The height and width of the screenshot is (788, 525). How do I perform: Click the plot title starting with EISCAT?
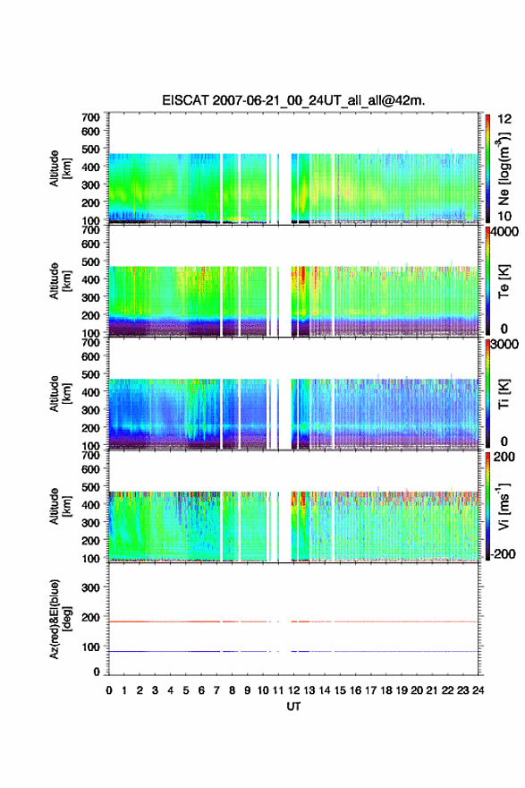(293, 100)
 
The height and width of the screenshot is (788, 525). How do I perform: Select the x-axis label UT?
(293, 707)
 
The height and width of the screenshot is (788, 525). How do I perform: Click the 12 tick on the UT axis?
(293, 690)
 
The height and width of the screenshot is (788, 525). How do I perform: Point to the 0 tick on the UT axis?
(109, 690)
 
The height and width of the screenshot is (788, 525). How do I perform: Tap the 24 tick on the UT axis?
(478, 690)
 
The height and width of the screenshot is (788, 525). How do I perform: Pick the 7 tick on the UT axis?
(216, 690)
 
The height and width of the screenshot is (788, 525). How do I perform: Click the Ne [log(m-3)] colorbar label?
(504, 167)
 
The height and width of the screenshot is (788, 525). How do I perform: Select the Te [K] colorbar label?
(504, 281)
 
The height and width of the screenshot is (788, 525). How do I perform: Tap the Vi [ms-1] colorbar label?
(504, 506)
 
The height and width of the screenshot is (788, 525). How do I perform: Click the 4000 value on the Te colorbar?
(504, 232)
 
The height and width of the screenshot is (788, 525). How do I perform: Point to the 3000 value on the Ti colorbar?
(504, 345)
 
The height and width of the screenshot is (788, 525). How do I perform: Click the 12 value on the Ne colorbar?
(504, 119)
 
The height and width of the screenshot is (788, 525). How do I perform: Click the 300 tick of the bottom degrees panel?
(91, 587)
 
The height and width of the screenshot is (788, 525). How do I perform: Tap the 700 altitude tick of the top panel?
(91, 117)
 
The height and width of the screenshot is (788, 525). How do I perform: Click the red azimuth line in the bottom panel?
(293, 621)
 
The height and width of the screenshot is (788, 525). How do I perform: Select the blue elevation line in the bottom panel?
(293, 651)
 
